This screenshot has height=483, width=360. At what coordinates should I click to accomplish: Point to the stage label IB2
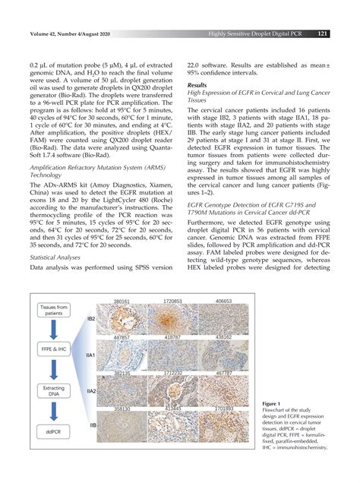click(90, 319)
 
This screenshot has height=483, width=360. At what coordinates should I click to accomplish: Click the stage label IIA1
click(90, 355)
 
